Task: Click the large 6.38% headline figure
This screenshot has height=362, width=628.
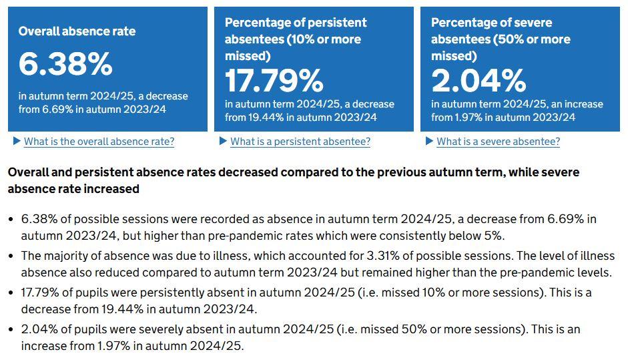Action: pos(65,64)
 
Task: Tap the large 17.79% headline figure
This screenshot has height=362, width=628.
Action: pos(274,81)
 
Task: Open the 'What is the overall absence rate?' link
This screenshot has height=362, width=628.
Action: pos(99,142)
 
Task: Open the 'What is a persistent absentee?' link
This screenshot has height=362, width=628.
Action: pos(300,142)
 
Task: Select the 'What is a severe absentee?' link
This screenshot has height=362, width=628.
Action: pos(498,142)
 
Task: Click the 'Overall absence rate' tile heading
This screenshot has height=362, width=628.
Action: pos(77,31)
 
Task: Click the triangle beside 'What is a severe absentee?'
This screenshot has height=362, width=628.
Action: pos(429,142)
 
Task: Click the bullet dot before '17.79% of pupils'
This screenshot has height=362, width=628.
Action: pos(11,293)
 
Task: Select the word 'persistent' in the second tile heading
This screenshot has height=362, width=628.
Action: pos(334,23)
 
